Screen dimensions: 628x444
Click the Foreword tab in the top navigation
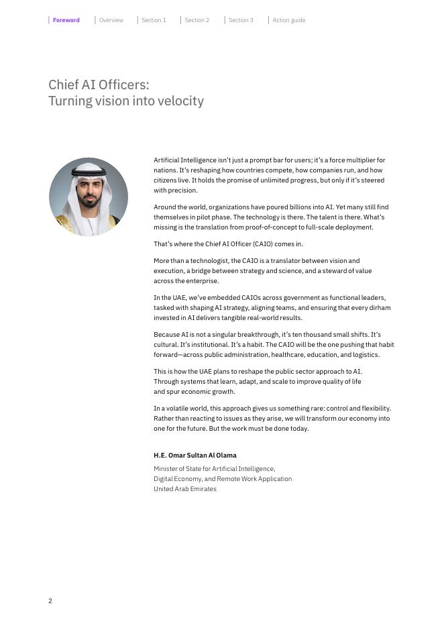pos(66,20)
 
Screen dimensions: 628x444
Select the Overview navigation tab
pos(111,20)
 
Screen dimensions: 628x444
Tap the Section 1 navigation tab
pos(154,20)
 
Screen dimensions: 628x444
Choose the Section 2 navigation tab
pos(197,20)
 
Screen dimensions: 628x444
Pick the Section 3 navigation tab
pos(241,20)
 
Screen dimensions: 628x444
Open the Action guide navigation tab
pos(288,20)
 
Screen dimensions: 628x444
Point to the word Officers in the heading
pos(121,85)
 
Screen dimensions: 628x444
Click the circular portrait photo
pos(89,197)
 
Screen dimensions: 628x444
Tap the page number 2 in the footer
pos(50,601)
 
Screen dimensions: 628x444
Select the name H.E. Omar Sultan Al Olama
pos(195,456)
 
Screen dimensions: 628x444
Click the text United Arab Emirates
pos(185,489)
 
